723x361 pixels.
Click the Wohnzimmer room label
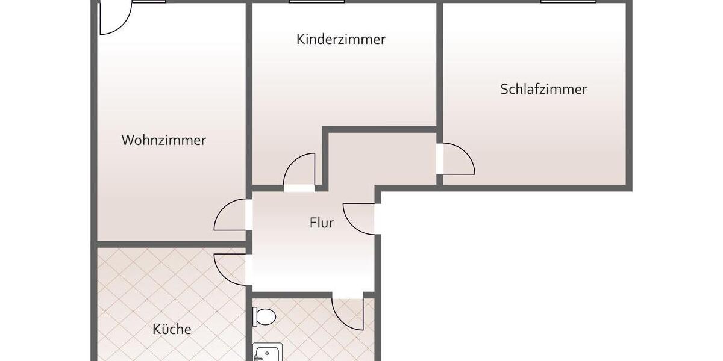coord(164,140)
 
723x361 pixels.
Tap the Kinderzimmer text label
coord(341,40)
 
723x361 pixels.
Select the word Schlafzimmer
coord(543,90)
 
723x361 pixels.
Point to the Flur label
coord(322,223)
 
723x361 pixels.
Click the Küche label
coord(172,329)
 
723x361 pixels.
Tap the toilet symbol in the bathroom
coord(264,316)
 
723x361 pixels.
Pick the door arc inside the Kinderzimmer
coord(301,170)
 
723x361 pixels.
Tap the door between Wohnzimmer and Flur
coord(231,215)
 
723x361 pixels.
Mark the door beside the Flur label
coord(360,218)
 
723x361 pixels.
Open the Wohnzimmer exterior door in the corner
coord(114,17)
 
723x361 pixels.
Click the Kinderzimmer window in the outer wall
coord(316,2)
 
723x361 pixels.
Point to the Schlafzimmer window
coord(568,2)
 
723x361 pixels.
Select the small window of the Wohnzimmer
coord(149,2)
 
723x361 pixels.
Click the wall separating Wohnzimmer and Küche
coord(172,244)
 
